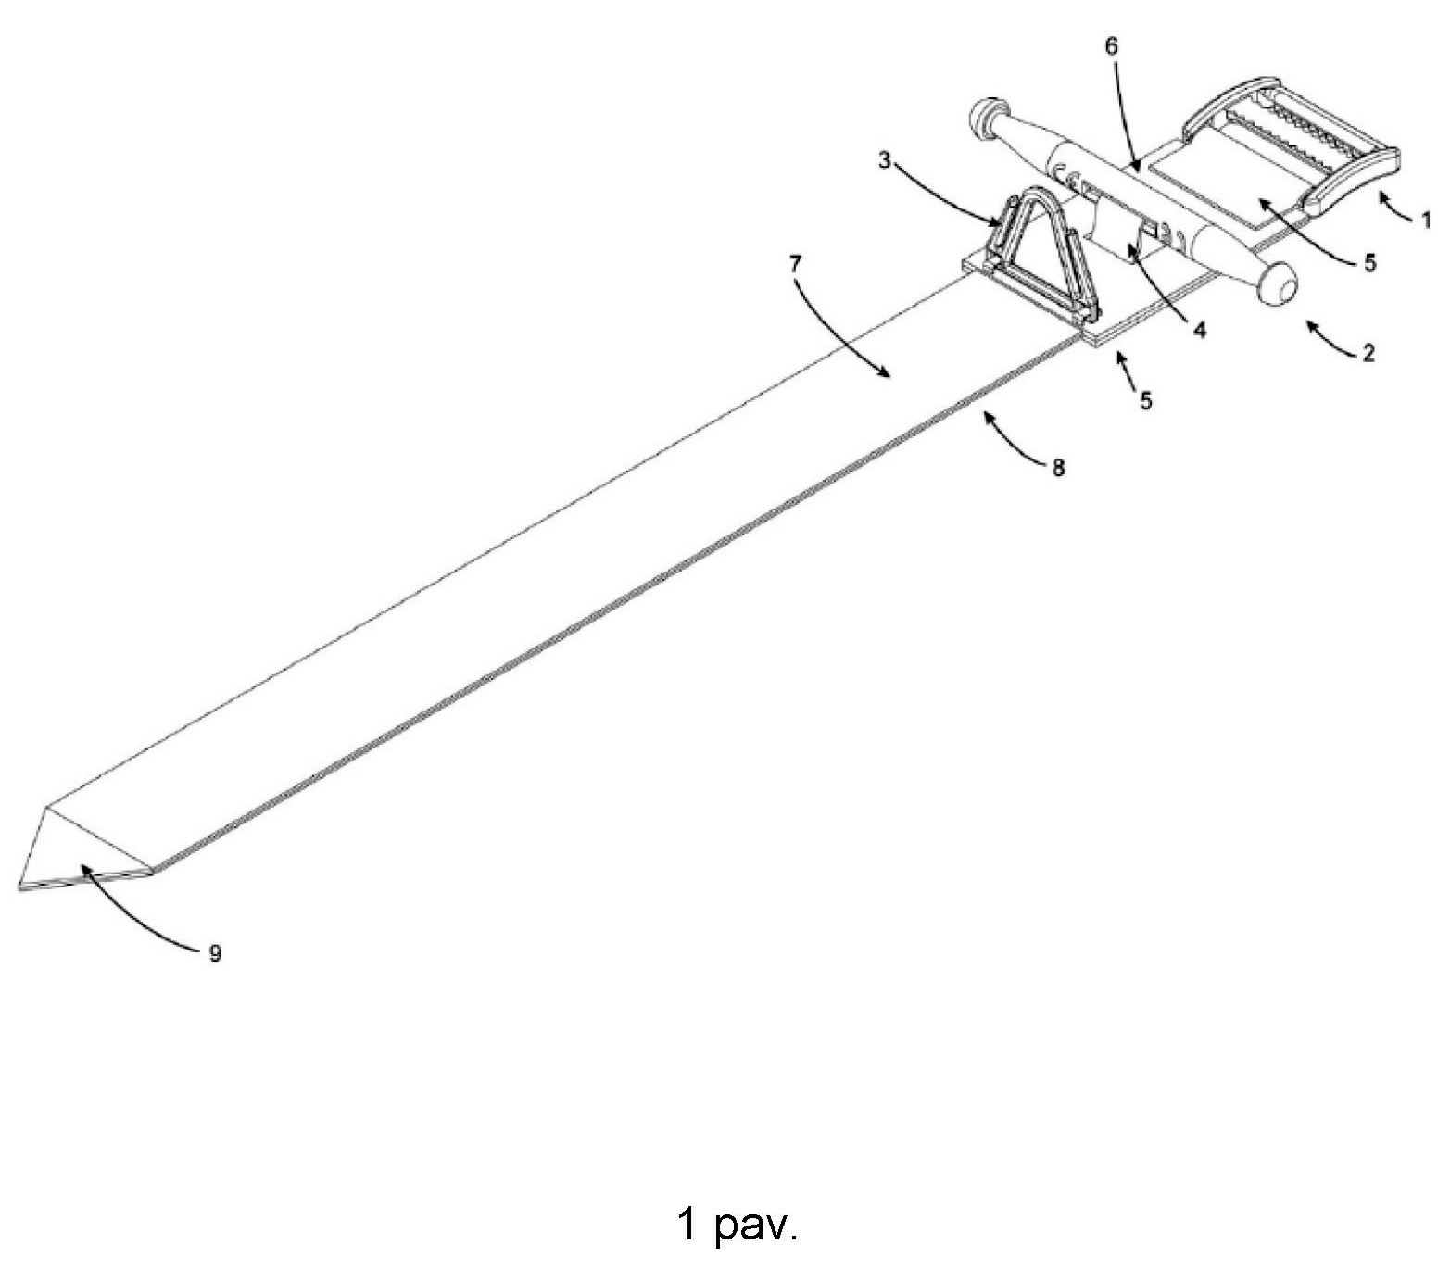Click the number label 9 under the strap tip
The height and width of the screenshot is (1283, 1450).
216,953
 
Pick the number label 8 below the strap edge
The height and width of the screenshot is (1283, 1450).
1058,468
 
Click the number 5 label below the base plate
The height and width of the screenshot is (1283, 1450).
1146,400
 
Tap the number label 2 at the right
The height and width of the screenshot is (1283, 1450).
1368,353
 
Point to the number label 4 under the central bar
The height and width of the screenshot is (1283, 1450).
1200,330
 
